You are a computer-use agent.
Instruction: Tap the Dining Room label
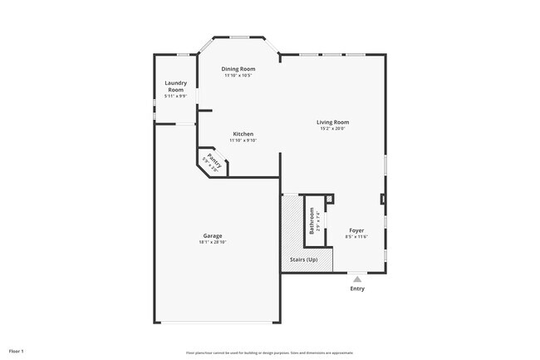pos(238,69)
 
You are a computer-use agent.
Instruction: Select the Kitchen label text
pos(243,134)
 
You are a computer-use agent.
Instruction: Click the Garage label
pos(213,235)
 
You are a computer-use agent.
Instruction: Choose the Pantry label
pos(215,159)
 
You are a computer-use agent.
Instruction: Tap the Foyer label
pos(356,230)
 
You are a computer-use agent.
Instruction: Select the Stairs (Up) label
pos(303,260)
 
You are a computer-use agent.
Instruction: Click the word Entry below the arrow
pos(357,288)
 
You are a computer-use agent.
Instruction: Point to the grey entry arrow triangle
pos(357,279)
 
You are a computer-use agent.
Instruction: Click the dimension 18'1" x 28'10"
pos(213,242)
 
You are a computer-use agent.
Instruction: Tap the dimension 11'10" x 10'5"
pos(238,76)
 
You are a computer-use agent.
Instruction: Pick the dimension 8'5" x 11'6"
pos(356,237)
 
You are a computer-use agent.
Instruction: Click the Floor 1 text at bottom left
pos(17,351)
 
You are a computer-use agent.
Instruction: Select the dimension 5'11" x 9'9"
pos(175,96)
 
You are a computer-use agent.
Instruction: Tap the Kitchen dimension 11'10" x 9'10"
pos(243,141)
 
